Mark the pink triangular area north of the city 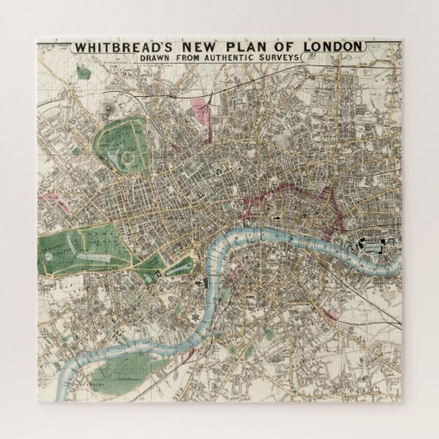click(200, 108)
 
